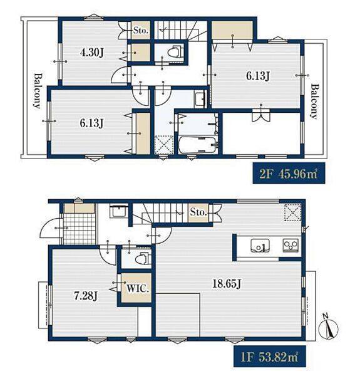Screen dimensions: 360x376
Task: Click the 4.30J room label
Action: [92, 52]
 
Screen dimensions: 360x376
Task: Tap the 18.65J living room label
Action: [227, 284]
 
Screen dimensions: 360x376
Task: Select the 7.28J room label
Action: [86, 296]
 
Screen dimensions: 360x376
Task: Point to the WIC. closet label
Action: [138, 288]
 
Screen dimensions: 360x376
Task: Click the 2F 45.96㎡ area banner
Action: [289, 173]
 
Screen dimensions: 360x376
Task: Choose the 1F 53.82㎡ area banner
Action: [270, 356]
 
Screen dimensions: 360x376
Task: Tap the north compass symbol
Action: [328, 328]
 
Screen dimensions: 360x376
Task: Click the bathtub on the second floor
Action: [198, 145]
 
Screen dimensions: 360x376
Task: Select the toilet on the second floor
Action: [175, 52]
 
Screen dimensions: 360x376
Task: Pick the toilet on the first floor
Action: [143, 259]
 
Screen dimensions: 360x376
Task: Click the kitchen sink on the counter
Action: [260, 246]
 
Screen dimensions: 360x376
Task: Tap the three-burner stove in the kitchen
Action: [291, 245]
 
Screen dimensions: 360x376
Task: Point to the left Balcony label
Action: [37, 91]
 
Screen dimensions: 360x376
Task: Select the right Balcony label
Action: [314, 101]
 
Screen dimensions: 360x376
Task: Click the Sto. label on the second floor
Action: [141, 31]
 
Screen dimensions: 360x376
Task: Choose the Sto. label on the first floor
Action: [198, 212]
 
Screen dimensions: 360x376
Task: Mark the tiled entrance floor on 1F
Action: [79, 229]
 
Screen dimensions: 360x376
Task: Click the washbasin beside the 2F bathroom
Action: [200, 99]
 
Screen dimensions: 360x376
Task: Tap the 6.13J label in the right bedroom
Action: [258, 76]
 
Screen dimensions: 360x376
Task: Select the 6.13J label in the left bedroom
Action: [92, 123]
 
